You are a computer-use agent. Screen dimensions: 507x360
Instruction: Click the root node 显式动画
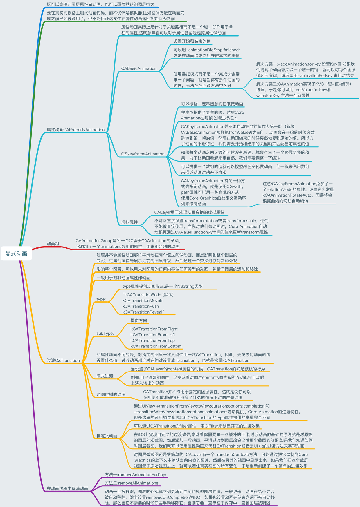point(16,253)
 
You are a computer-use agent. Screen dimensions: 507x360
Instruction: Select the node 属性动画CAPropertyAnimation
point(75,130)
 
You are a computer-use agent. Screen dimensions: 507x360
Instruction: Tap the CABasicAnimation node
point(139,68)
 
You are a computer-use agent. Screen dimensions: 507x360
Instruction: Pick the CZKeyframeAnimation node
point(143,154)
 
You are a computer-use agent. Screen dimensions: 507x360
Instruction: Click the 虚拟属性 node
point(129,222)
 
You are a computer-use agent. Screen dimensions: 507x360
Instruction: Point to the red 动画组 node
point(53,244)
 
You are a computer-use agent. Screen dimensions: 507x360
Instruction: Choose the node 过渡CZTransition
point(63,361)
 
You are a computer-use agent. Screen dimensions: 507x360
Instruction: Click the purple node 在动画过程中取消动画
point(67,489)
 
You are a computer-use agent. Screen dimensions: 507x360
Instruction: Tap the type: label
point(101,299)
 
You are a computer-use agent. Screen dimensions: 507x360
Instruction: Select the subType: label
point(105,334)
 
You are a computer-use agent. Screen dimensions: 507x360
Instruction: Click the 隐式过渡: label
point(105,376)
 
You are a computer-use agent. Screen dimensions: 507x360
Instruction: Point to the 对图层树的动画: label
point(111,394)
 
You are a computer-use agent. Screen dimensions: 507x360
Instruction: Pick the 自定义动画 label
point(107,436)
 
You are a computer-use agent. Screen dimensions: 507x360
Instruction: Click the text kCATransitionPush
point(141,306)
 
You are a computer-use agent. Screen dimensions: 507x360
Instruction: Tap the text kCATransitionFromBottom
point(156,346)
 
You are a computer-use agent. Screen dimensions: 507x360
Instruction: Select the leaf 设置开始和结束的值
point(192,41)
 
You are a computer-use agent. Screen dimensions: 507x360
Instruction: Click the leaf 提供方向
point(139,321)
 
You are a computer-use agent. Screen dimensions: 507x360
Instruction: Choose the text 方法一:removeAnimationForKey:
point(135,475)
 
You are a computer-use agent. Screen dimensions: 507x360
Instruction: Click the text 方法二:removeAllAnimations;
point(132,483)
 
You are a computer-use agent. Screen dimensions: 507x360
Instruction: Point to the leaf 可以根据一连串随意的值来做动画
point(212,104)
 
